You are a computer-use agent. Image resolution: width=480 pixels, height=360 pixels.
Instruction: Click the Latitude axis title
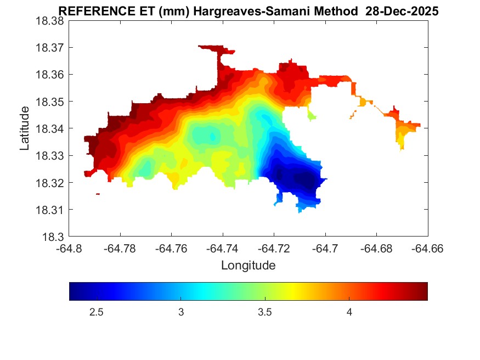coord(25,128)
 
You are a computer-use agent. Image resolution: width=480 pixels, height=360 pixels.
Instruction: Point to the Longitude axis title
coord(248,266)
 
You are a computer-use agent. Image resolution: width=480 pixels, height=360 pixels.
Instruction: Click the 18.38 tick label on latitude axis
coord(50,20)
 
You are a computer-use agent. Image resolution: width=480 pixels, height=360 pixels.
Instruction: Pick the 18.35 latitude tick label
coord(50,102)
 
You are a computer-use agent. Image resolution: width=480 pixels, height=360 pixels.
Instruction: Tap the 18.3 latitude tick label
coord(54,237)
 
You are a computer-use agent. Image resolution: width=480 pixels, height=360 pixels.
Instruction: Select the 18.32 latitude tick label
coord(50,183)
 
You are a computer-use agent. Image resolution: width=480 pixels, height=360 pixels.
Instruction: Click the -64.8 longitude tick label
coord(69,249)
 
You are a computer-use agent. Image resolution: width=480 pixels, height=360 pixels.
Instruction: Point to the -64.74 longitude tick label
coord(223,249)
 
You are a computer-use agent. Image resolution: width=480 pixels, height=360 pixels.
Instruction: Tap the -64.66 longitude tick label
coord(427,249)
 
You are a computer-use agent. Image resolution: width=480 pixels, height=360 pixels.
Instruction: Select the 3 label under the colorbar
coord(180,312)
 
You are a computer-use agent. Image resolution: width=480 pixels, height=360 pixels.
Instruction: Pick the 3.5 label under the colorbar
coord(265,312)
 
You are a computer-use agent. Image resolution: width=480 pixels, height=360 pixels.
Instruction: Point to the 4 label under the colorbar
coord(349,312)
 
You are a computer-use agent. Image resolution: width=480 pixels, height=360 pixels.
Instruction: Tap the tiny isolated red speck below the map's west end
coord(98,194)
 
